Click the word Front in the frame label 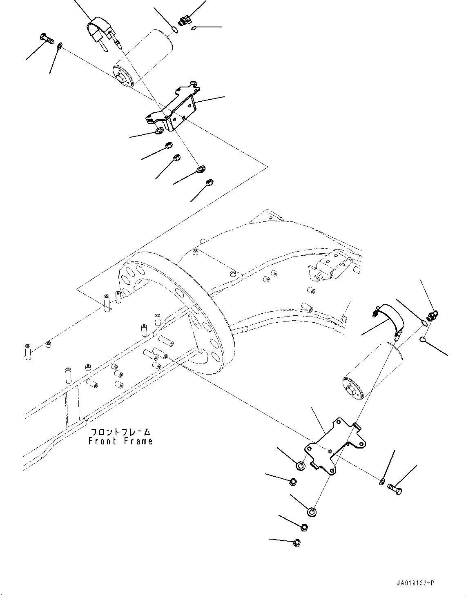click(103, 441)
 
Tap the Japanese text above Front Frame click(121, 432)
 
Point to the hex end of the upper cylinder click(122, 78)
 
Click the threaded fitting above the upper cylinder click(185, 21)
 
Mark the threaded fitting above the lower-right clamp click(433, 315)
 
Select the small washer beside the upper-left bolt click(60, 46)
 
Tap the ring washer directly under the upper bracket click(159, 130)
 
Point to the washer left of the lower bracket click(301, 465)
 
